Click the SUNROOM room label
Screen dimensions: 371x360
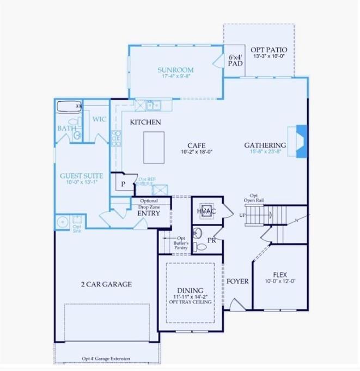pyautogui.click(x=175, y=70)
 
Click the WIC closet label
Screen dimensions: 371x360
pyautogui.click(x=99, y=119)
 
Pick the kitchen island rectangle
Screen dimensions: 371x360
pyautogui.click(x=154, y=147)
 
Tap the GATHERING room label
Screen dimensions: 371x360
pyautogui.click(x=265, y=145)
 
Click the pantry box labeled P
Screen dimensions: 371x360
pyautogui.click(x=123, y=184)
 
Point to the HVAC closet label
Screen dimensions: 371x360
pyautogui.click(x=206, y=211)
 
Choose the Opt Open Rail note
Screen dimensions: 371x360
pyautogui.click(x=254, y=198)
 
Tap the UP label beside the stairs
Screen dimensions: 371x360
pyautogui.click(x=242, y=215)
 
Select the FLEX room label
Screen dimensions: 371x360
pyautogui.click(x=280, y=275)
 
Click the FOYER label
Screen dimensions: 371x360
pyautogui.click(x=237, y=281)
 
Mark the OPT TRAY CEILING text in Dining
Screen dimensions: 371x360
pyautogui.click(x=190, y=302)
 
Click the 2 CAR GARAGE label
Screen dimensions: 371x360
pyautogui.click(x=106, y=284)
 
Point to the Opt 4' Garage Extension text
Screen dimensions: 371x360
pyautogui.click(x=106, y=358)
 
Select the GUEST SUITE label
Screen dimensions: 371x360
pyautogui.click(x=81, y=176)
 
